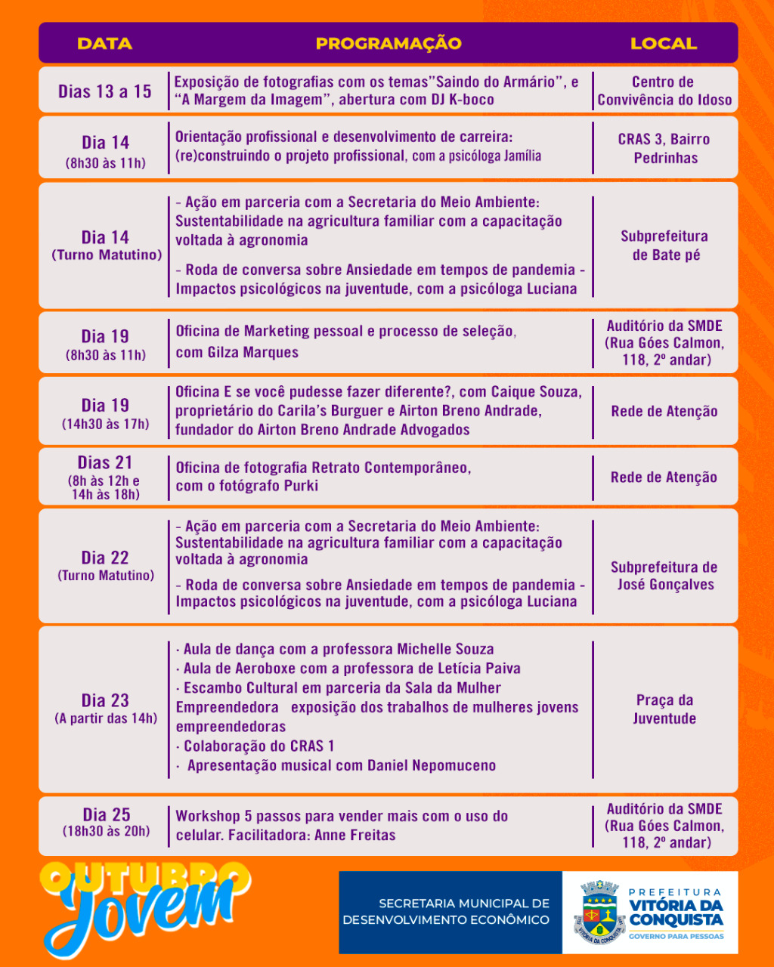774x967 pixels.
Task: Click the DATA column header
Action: pos(104,43)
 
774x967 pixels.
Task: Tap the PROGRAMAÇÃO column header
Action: pos(388,43)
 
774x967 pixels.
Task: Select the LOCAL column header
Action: pos(663,43)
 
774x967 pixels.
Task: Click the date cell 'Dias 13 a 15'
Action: pos(104,91)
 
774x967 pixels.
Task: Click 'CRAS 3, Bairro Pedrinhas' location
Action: pos(664,148)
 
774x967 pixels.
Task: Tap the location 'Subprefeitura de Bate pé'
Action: pos(664,246)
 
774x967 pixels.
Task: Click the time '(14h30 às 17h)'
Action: pos(105,424)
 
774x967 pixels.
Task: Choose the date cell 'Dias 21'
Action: pos(104,462)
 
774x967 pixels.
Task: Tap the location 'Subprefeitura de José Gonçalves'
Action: pos(664,576)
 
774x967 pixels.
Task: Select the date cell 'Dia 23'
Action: pos(105,700)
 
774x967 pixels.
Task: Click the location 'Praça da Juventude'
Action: pos(664,709)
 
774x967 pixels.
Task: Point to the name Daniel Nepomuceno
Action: pos(432,765)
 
